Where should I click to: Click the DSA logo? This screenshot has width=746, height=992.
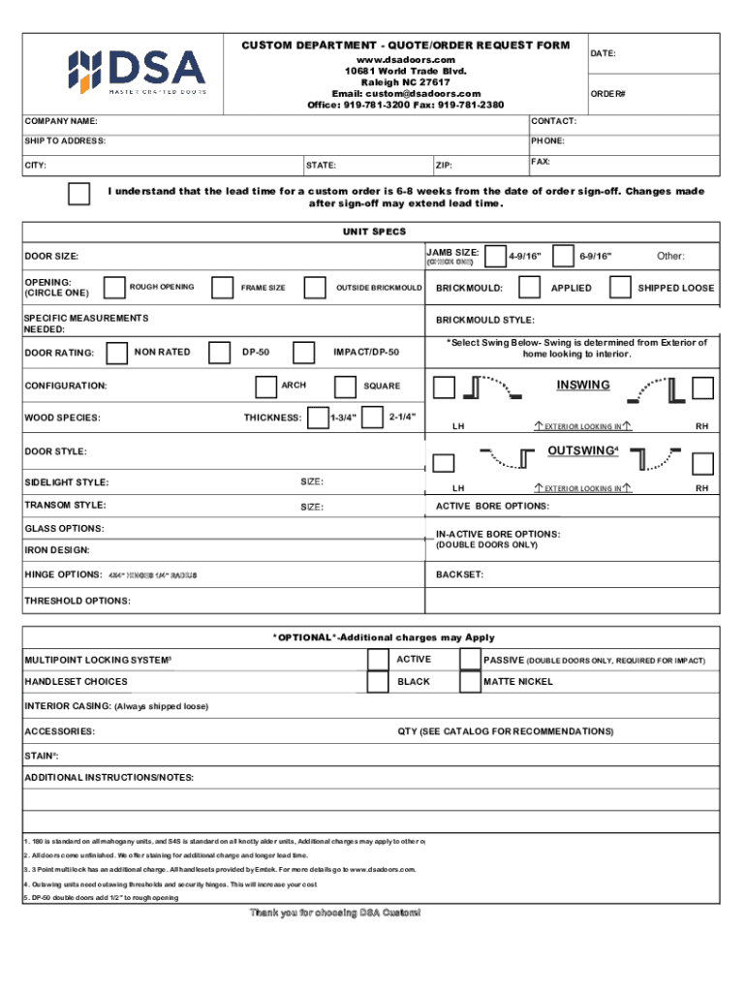click(136, 70)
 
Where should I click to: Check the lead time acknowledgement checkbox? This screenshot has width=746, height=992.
click(80, 194)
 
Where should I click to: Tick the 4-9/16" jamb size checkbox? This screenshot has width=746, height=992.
click(495, 255)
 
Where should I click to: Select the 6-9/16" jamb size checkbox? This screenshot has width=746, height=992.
click(562, 255)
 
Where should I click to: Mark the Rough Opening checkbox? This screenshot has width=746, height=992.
click(113, 287)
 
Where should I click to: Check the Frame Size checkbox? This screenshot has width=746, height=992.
click(223, 287)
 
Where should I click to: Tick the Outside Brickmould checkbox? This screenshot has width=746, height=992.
click(315, 287)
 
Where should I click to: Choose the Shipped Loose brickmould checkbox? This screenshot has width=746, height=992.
click(620, 287)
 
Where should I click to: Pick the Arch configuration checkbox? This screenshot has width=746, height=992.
click(264, 387)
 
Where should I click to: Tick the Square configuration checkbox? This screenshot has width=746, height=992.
click(344, 387)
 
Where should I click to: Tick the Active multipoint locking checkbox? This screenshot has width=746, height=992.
click(379, 660)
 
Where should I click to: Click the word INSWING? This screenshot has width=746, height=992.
click(583, 386)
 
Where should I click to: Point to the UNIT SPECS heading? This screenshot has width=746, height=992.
click(374, 232)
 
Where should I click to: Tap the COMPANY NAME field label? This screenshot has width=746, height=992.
click(61, 122)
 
